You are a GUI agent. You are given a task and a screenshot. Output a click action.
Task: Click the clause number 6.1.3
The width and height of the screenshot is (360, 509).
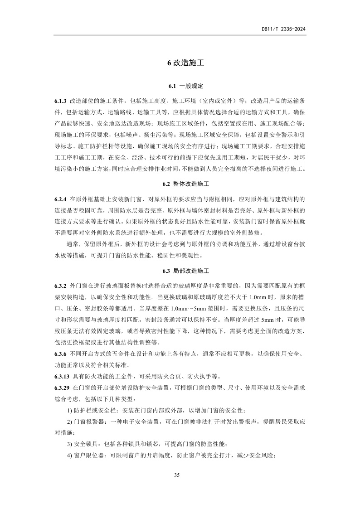point(60,101)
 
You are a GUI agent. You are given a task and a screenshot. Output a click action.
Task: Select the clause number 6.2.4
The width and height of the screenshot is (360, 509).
point(60,199)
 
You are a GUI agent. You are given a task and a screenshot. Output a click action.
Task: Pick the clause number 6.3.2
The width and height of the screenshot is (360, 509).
point(60,286)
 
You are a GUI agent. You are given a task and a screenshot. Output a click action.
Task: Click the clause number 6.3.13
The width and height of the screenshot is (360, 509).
point(62,376)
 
